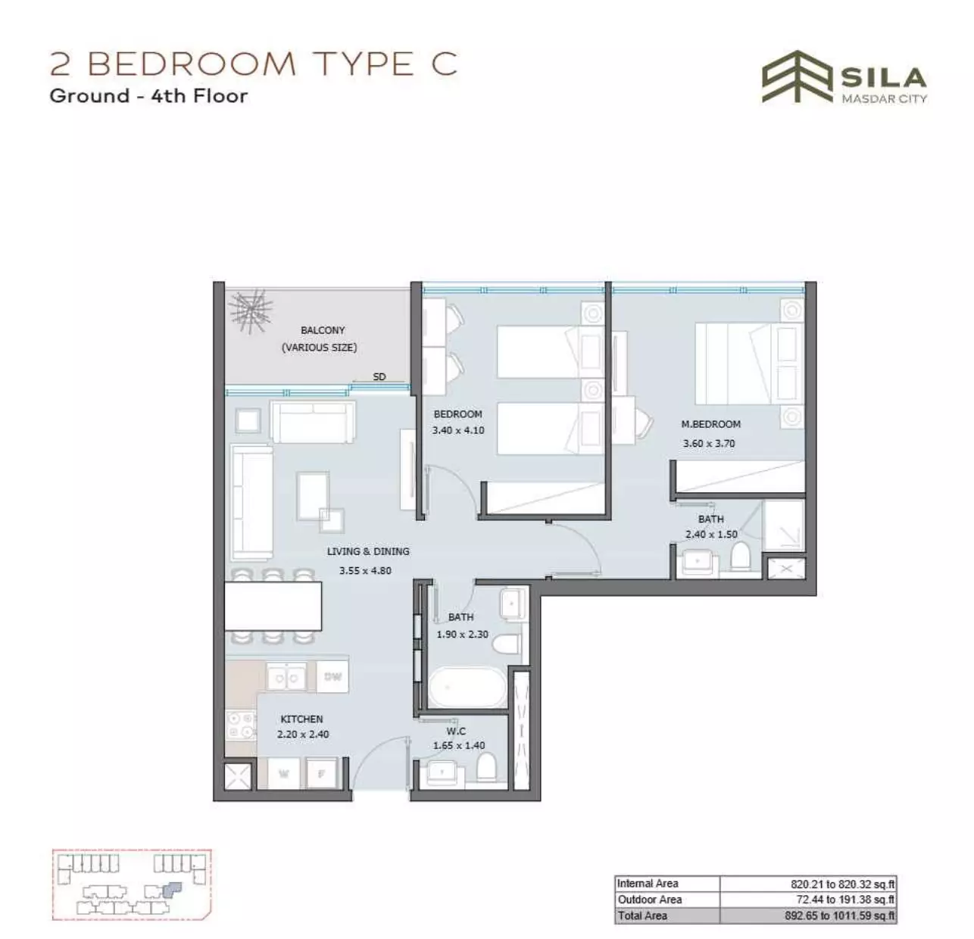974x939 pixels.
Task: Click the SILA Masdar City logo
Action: pos(844,77)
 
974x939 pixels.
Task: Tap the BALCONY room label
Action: pos(323,330)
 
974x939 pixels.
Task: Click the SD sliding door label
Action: pos(379,376)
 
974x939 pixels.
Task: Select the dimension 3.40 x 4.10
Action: pos(458,430)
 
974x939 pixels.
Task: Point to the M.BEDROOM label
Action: pos(710,424)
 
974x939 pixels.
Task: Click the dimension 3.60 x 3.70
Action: pos(709,443)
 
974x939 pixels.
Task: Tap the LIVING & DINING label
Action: pos(368,551)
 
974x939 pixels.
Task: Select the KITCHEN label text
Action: pos(301,719)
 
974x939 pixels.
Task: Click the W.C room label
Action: pos(456,732)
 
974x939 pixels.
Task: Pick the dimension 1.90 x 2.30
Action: pos(462,634)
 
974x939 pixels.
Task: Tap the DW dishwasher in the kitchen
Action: pos(332,677)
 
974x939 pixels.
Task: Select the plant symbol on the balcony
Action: pos(251,310)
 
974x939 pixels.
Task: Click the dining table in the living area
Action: pos(273,606)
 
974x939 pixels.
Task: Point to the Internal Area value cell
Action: pos(808,884)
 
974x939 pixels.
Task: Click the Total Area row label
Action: pos(642,916)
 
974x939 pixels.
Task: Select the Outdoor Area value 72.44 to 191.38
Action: pos(845,900)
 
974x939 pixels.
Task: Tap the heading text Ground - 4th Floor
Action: pos(148,95)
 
